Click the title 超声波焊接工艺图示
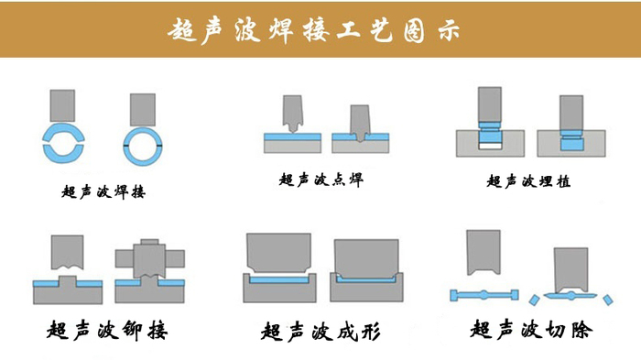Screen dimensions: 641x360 [x=314, y=30]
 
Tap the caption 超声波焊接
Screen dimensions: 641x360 [x=103, y=191]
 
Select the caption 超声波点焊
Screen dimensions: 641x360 [x=320, y=180]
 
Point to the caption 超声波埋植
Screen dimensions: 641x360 [x=528, y=181]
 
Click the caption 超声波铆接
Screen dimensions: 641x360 [x=107, y=330]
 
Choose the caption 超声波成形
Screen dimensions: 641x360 [x=320, y=332]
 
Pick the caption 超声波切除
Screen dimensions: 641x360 [x=531, y=330]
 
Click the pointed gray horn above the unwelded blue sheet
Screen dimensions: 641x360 [x=293, y=114]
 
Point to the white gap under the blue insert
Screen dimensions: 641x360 [x=490, y=146]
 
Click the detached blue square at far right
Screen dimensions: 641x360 [x=608, y=300]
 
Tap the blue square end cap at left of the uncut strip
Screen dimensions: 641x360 [x=454, y=295]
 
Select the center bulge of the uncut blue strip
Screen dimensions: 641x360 [x=483, y=295]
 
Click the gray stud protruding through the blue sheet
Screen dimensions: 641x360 [x=68, y=281]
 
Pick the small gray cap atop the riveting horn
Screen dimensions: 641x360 [x=149, y=242]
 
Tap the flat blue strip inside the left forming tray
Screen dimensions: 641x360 [x=279, y=280]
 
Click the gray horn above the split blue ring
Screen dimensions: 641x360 [x=62, y=105]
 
